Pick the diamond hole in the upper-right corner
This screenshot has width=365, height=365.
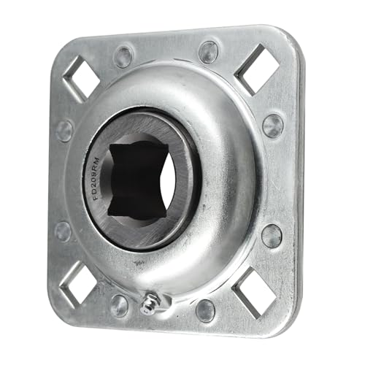pos(256,68)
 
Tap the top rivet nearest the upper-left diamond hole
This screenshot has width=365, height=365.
pos(123,55)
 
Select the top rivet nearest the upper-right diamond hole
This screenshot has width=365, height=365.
pos(208,51)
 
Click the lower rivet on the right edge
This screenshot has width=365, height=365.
pos(271,235)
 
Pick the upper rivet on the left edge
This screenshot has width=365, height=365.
pos(64,130)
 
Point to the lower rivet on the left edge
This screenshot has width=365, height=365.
pos(63,231)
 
